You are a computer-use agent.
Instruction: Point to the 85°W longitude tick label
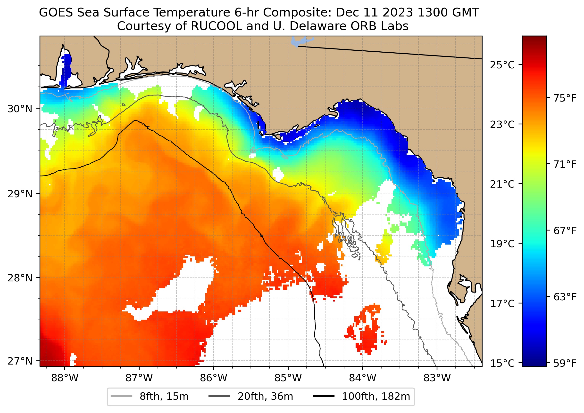tap(288, 378)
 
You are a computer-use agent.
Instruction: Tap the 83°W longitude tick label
tap(437, 378)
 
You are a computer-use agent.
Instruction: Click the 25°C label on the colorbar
tap(502, 65)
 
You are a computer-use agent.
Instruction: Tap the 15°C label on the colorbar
tap(502, 363)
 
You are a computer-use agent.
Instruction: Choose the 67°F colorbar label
tap(565, 231)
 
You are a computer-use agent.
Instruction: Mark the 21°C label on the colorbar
tap(502, 184)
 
